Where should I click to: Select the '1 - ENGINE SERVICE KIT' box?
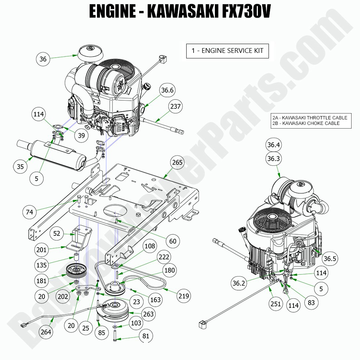(x=227, y=50)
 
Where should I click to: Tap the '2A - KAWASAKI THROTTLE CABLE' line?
(x=310, y=118)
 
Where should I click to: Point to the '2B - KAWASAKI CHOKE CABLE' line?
(x=306, y=123)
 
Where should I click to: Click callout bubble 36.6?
(x=166, y=90)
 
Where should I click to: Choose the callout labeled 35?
(x=20, y=166)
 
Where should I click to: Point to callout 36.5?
(x=330, y=259)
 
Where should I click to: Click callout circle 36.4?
(x=274, y=145)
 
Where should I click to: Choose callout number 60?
(x=173, y=241)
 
